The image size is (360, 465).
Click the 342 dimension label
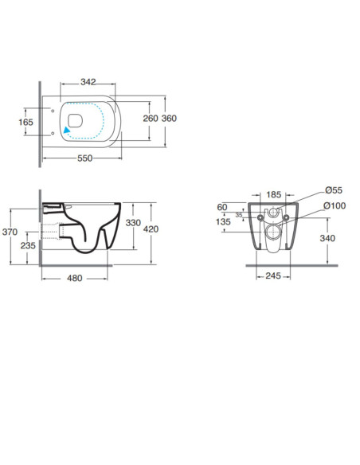[x=88, y=82]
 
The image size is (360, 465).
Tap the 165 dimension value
[x=25, y=122]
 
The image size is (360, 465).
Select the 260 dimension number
[x=151, y=119]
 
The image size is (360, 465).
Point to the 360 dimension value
[x=169, y=119]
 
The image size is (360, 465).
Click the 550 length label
[x=84, y=158]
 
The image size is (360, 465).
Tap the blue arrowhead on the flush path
[x=67, y=130]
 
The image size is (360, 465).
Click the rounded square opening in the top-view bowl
[x=75, y=121]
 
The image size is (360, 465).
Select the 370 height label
[x=10, y=232]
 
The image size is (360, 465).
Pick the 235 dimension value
[x=28, y=245]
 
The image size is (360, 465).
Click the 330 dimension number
[x=133, y=222]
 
